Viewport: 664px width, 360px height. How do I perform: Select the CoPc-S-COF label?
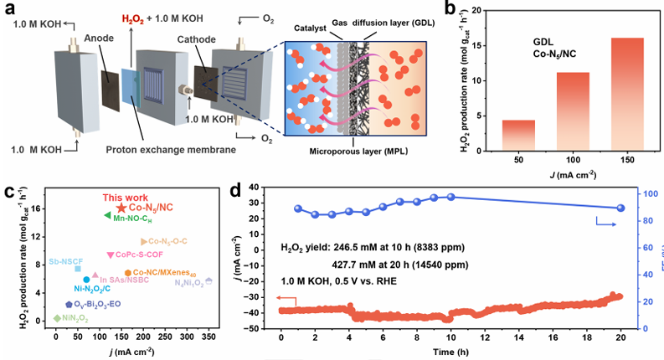[139, 255]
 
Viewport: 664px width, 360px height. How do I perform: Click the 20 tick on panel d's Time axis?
[620, 337]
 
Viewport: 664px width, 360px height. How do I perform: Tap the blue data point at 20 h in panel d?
[620, 208]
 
